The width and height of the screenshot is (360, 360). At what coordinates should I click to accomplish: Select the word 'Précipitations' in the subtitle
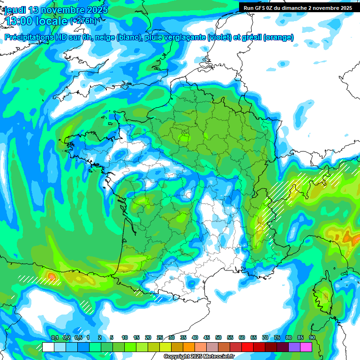point(27,37)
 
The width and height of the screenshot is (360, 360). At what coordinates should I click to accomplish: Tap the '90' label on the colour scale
point(312,337)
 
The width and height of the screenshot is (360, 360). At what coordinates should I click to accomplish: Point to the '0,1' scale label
point(54,337)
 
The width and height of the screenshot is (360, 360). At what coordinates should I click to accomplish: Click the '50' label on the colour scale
point(218,337)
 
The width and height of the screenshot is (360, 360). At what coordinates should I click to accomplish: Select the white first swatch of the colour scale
point(48,347)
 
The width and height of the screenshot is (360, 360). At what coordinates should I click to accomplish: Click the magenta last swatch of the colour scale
point(306,347)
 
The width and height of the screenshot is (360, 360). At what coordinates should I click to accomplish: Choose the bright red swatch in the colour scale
point(247,347)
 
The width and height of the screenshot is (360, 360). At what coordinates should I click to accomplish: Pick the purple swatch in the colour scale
point(294,347)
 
